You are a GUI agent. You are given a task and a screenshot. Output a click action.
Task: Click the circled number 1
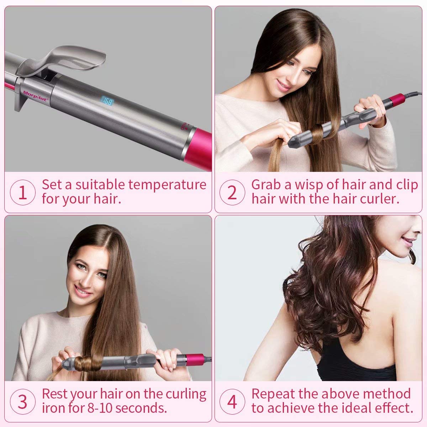pos(22,193)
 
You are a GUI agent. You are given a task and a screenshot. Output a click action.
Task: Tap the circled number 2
pos(232,193)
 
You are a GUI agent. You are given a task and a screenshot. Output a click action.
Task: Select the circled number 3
pos(22,402)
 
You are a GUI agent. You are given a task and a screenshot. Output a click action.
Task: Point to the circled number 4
pos(232,402)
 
